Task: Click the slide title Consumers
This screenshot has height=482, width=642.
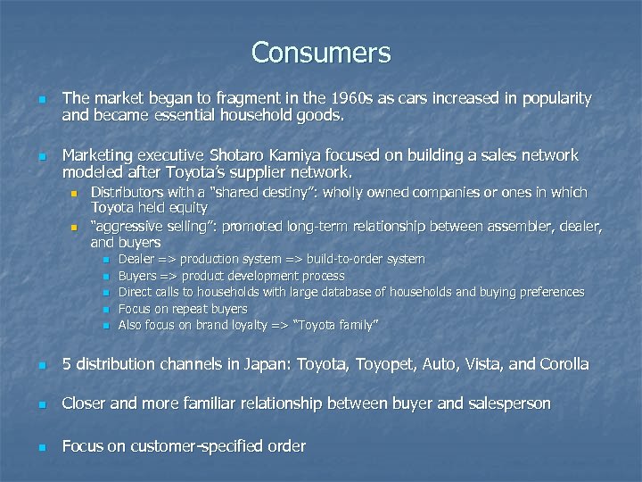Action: click(x=321, y=53)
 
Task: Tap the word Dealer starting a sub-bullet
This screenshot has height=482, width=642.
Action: click(x=136, y=259)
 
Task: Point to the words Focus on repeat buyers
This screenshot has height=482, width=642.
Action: click(x=183, y=309)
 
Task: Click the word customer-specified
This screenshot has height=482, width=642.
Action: click(x=180, y=446)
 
